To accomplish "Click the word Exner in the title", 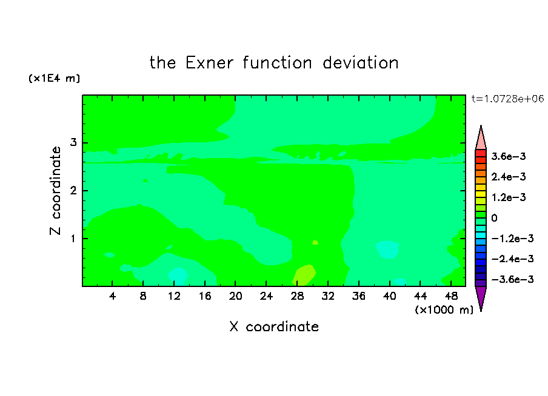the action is (209, 63).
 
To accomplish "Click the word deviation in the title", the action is (360, 63).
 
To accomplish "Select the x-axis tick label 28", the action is (297, 296).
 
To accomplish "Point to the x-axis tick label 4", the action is (112, 296).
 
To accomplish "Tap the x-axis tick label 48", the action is (451, 296).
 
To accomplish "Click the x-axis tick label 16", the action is (205, 296).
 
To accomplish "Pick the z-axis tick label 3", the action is (73, 142).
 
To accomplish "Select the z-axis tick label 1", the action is (73, 239).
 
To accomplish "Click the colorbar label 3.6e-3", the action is (509, 156).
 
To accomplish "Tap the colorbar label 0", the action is (494, 218).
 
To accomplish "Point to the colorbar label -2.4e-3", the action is (512, 259).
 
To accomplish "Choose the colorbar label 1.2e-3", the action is (509, 197).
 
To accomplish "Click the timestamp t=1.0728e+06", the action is (507, 99).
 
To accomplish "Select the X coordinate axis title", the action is (274, 327).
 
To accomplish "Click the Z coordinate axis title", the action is (56, 191).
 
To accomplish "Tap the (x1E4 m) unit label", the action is (54, 78).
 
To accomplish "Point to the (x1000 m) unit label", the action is (444, 309).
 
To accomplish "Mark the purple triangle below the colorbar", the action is (481, 297).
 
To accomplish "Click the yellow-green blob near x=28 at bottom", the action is (304, 275).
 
